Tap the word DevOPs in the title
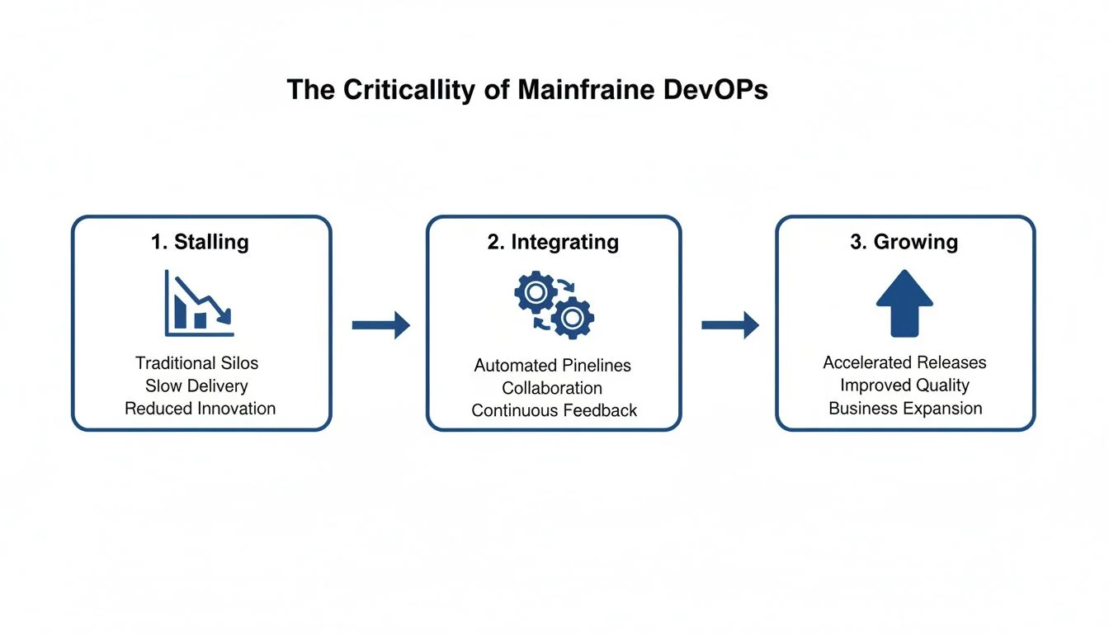tap(716, 89)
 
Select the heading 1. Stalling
tap(200, 242)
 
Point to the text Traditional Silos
tap(197, 363)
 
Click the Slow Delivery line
tap(196, 386)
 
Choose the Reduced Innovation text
tap(200, 408)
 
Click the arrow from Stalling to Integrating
tap(380, 325)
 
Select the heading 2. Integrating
tap(553, 242)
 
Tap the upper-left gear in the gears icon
tap(534, 292)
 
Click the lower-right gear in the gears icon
tap(573, 317)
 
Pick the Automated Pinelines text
tap(552, 365)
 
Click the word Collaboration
tap(552, 388)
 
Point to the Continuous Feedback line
tap(554, 410)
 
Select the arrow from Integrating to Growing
tap(729, 325)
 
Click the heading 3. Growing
tap(904, 242)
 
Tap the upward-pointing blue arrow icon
tap(904, 303)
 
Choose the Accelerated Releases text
tap(904, 362)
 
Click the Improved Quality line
tap(904, 386)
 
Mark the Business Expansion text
tap(905, 408)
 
